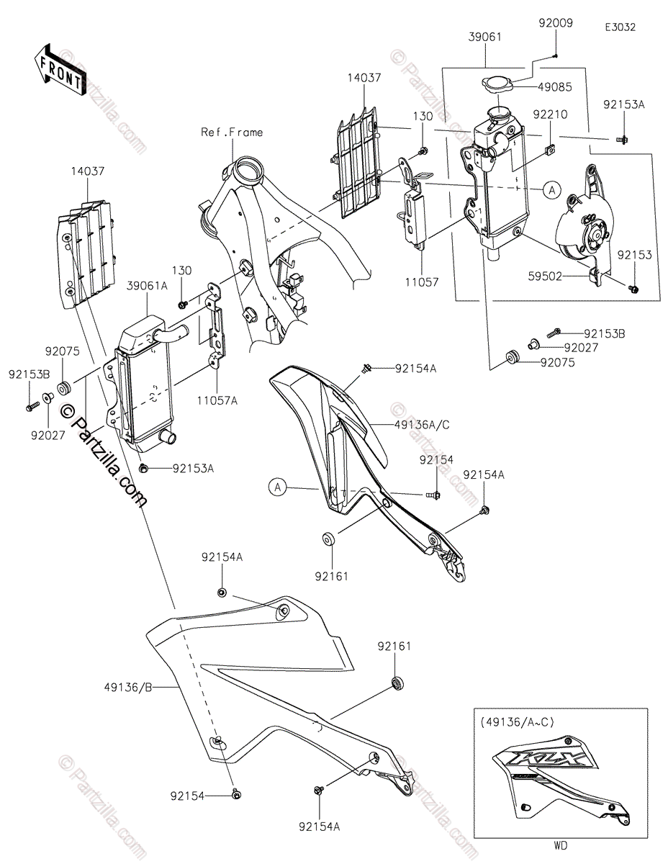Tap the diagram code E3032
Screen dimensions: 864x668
620,27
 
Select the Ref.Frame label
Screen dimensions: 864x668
232,132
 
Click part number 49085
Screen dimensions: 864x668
555,87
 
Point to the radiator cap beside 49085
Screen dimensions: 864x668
496,85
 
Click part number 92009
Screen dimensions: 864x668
556,23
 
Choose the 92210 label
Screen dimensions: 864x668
550,114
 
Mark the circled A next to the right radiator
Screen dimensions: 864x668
551,189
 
